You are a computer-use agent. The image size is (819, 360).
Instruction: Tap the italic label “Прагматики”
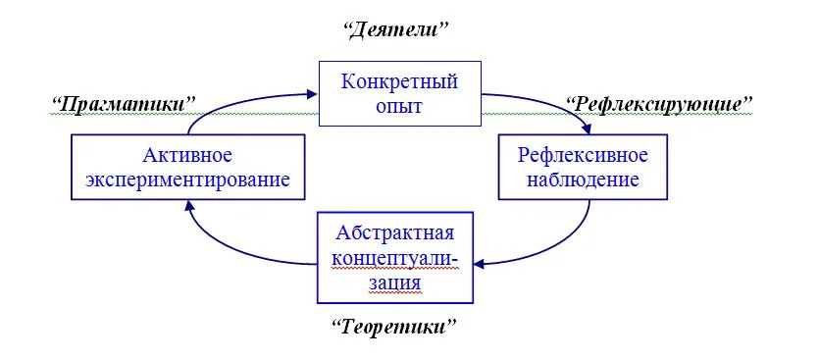[124, 104]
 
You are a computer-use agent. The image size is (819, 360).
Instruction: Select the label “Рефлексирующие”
[659, 104]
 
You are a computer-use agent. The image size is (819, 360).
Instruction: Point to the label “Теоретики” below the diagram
[394, 328]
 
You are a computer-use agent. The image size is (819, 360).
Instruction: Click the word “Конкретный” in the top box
[399, 81]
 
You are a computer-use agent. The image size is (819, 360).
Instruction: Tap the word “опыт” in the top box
[399, 107]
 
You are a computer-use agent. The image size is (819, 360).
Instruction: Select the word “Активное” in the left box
[187, 155]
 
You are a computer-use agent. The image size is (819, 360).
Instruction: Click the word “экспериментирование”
[187, 180]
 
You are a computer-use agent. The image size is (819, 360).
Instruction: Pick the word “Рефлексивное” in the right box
[583, 155]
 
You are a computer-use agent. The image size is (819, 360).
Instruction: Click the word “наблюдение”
[583, 180]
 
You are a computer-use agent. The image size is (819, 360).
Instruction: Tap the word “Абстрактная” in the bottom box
[395, 232]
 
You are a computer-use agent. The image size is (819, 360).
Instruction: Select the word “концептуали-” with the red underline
[395, 258]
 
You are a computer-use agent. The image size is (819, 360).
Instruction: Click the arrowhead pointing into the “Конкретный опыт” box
[312, 94]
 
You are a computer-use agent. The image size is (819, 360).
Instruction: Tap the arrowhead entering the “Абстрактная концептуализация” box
[479, 265]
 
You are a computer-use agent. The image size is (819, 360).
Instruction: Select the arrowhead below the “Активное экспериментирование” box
[187, 206]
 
